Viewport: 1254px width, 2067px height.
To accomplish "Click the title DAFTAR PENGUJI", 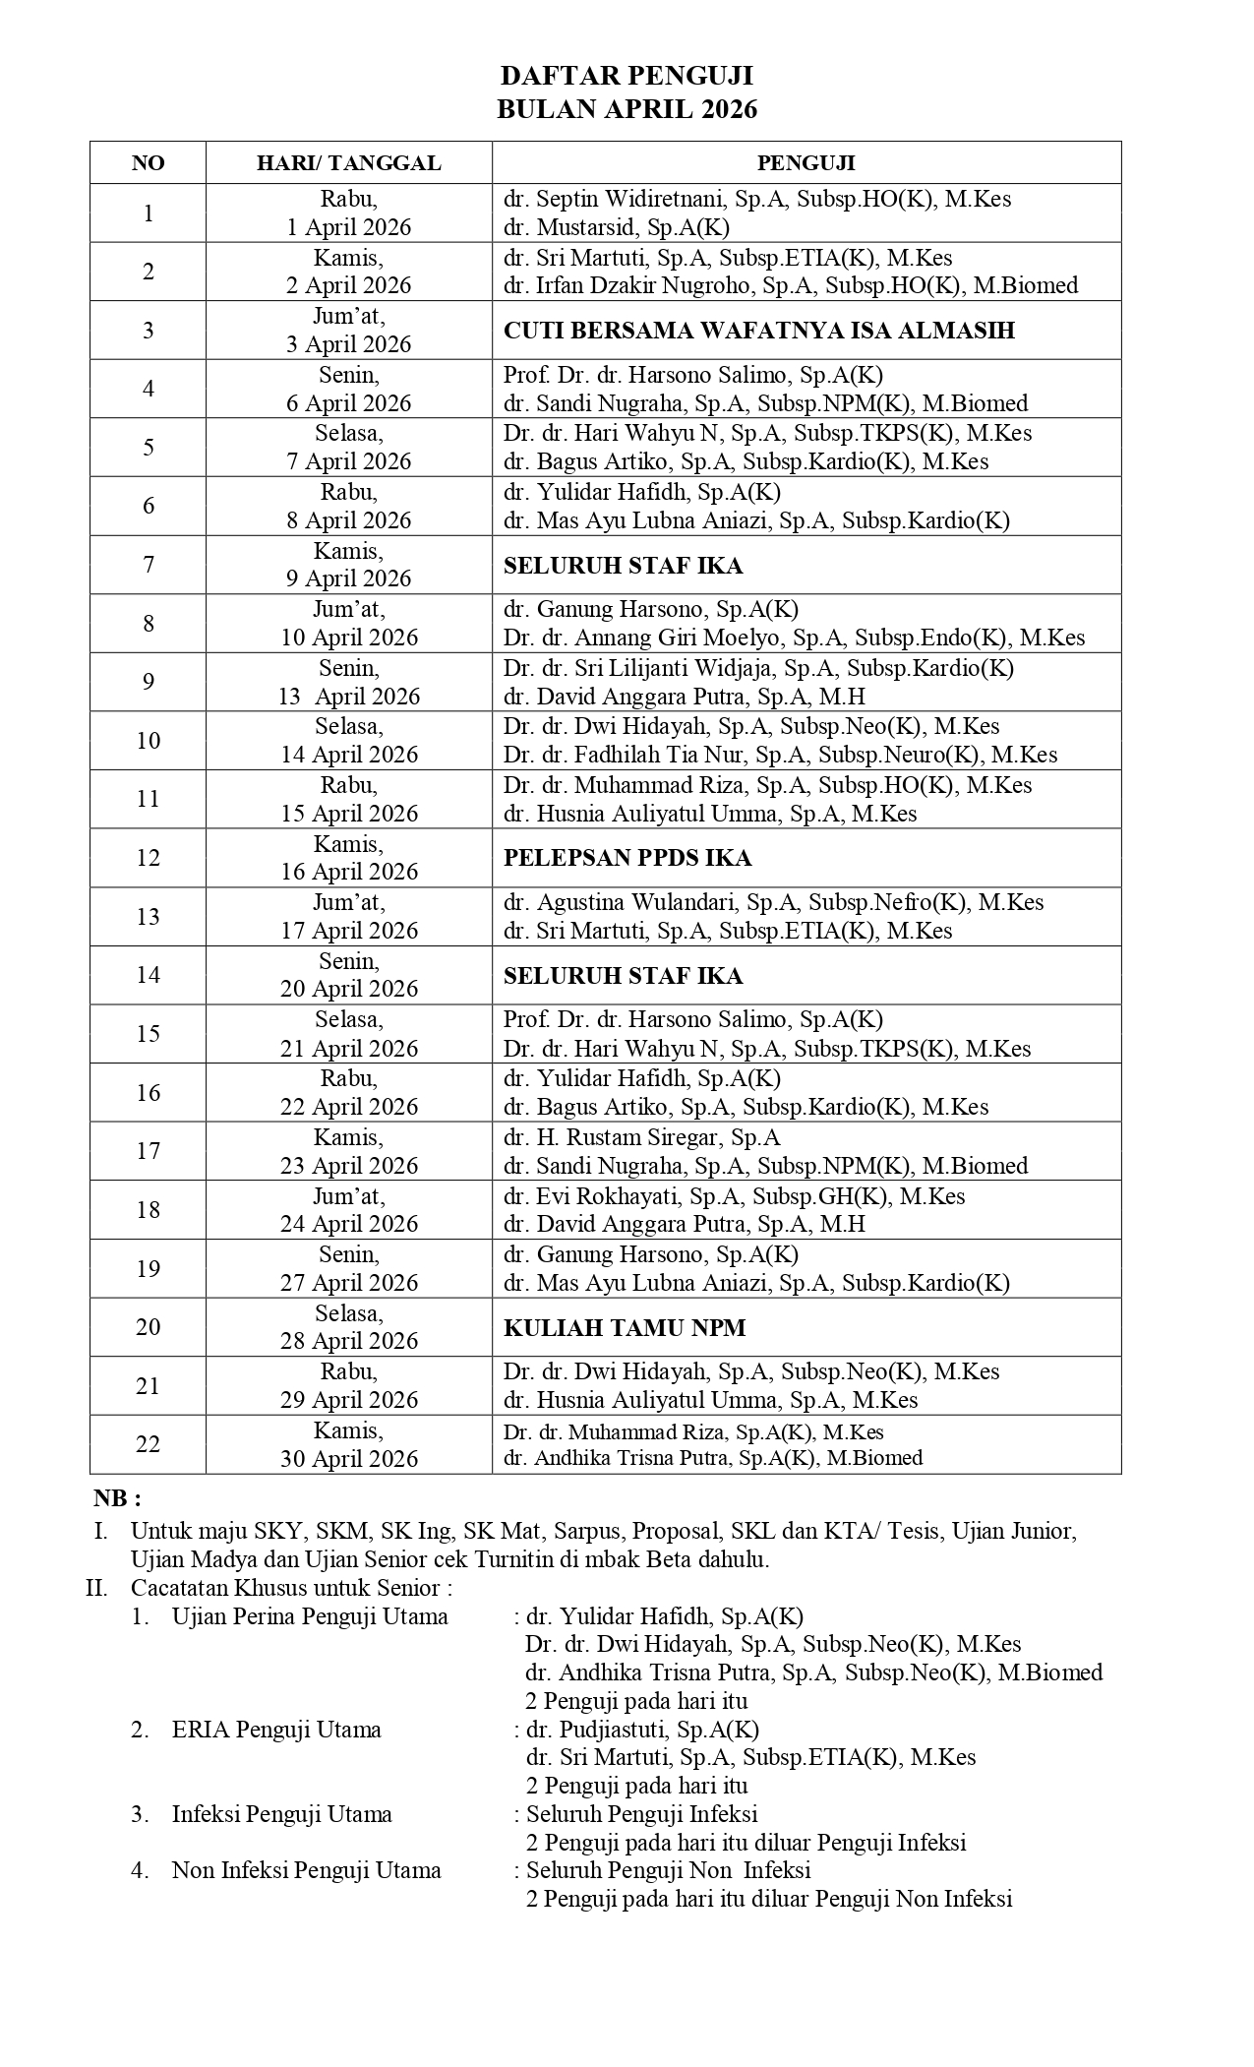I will click(x=627, y=77).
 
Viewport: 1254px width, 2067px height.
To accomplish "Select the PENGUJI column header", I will click(x=806, y=162).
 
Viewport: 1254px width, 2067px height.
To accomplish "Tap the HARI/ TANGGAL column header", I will click(x=348, y=162).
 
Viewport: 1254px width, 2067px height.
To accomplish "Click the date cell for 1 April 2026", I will click(x=348, y=213).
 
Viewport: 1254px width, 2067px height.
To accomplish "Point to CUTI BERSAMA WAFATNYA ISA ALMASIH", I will click(x=758, y=331).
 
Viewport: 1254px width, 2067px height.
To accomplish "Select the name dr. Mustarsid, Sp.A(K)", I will click(x=616, y=227).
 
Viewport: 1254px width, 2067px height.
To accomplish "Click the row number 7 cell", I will click(x=149, y=565).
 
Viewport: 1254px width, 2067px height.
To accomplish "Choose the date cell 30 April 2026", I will click(x=348, y=1444).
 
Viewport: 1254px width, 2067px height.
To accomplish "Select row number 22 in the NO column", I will click(x=149, y=1444).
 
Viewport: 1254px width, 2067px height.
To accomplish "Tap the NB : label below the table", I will click(x=118, y=1498).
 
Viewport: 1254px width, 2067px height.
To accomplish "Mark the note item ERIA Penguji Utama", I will click(x=276, y=1729).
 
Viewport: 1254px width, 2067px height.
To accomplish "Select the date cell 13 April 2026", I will click(x=348, y=682).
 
